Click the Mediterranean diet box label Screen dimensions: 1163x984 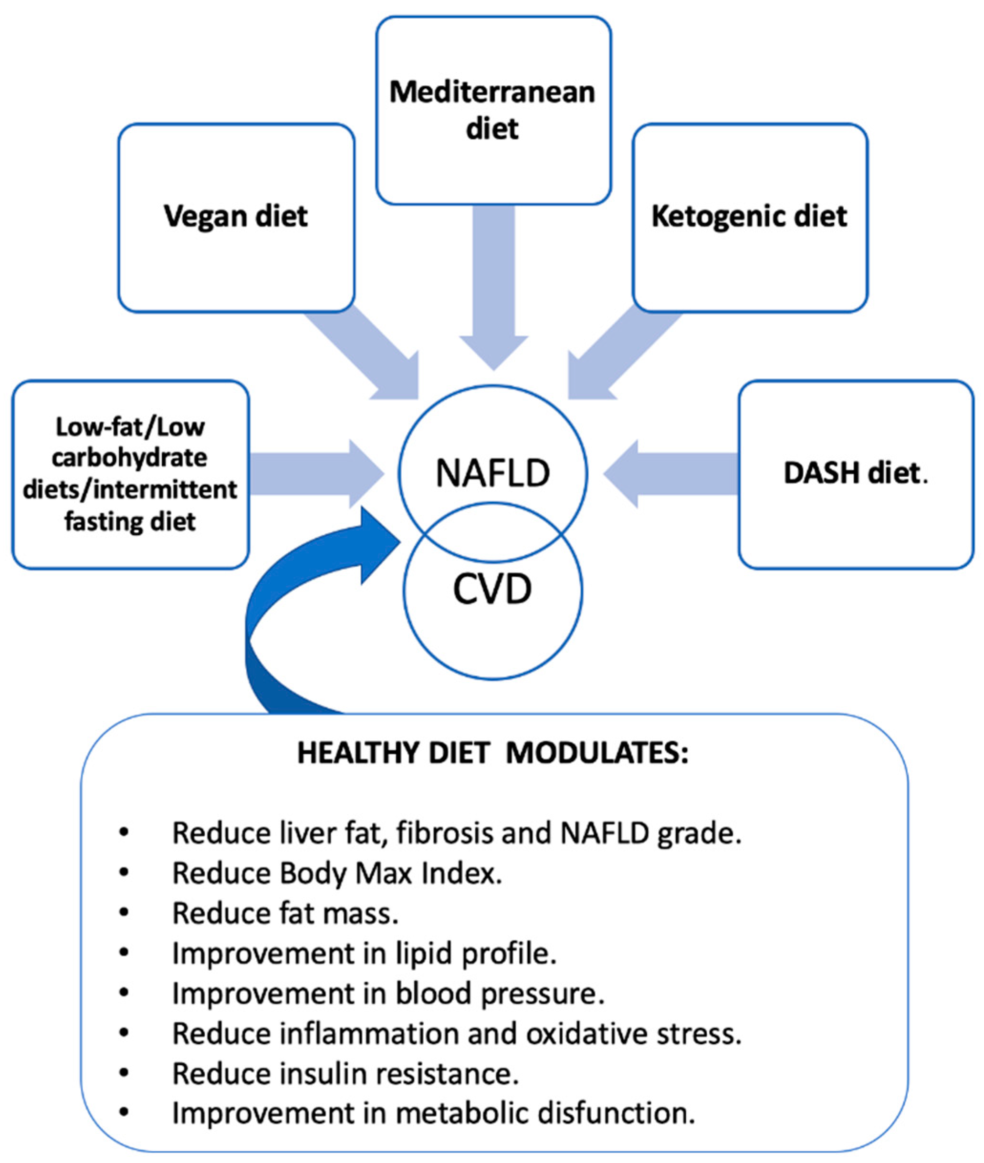(492, 110)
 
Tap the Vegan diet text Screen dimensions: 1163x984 (236, 216)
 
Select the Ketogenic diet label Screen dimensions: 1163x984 (749, 216)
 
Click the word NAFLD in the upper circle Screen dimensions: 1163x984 (492, 473)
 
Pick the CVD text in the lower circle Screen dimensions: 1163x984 (492, 589)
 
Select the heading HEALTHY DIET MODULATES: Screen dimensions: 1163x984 (492, 753)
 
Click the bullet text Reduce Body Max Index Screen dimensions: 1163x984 (337, 873)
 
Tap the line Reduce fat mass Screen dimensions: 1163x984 (285, 913)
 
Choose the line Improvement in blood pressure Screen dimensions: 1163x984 (388, 993)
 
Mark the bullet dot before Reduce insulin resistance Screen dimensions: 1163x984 (124, 1073)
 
